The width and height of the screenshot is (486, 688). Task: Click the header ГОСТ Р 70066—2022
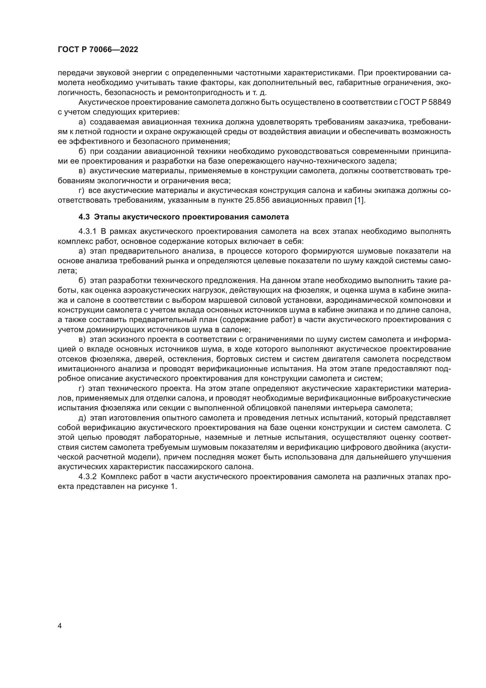click(98, 50)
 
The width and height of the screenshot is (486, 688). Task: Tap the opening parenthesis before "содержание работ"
click(221, 320)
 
